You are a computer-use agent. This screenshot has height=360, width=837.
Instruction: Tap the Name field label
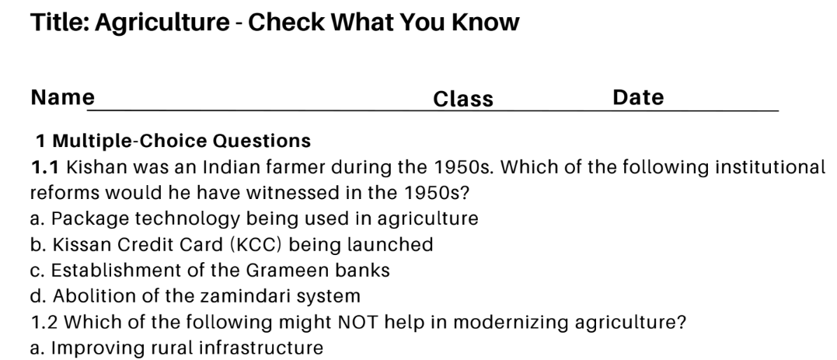(63, 98)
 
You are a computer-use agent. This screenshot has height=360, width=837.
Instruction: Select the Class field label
(463, 99)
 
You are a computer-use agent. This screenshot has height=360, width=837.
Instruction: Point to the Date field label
(638, 98)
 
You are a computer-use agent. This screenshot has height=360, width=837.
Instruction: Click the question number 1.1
(46, 167)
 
